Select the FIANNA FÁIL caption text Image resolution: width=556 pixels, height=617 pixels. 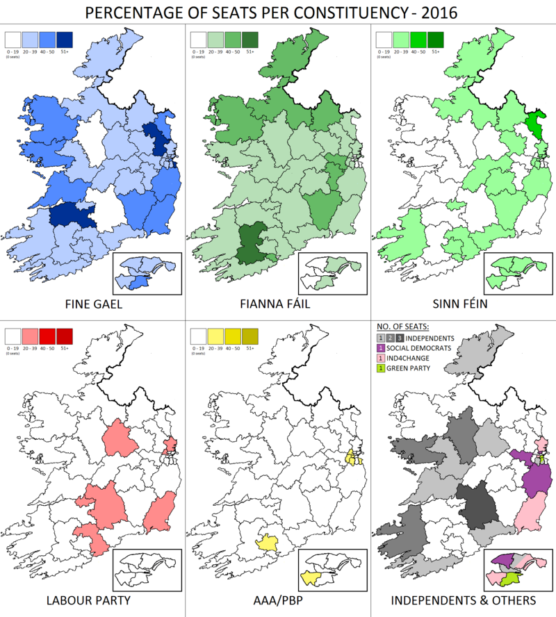(278, 304)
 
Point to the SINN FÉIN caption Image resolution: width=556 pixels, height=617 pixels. (463, 304)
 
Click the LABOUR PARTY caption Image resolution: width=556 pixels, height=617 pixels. (92, 599)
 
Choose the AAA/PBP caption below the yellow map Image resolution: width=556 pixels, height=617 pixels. (278, 599)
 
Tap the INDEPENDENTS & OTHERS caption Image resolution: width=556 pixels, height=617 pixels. (464, 599)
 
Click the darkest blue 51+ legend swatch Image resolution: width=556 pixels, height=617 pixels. (65, 39)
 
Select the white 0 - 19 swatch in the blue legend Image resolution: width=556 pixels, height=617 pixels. (13, 39)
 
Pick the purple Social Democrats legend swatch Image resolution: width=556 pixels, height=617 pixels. (380, 347)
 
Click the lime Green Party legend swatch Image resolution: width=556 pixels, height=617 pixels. (380, 368)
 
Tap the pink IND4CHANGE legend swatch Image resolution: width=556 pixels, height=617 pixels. (380, 358)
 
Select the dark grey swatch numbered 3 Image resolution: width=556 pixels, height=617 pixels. (401, 337)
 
